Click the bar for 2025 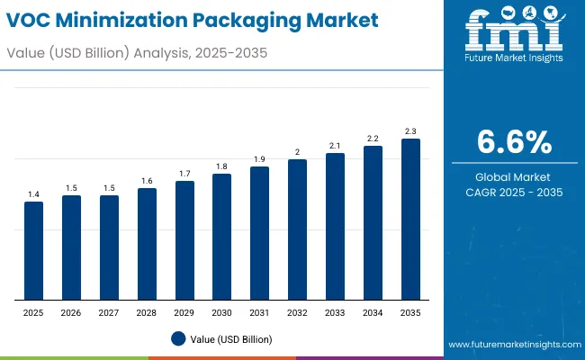pos(33,251)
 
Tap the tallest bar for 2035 pos(410,220)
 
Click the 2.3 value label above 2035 pos(410,131)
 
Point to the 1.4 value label pos(33,194)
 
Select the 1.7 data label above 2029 pos(184,174)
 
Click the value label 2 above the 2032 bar pos(298,152)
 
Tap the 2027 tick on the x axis pos(109,313)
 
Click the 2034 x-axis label pos(373,313)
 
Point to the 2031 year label pos(259,313)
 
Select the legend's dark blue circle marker pos(178,339)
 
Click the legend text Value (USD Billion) pos(230,339)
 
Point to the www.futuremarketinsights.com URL pos(510,345)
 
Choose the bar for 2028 pos(147,244)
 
